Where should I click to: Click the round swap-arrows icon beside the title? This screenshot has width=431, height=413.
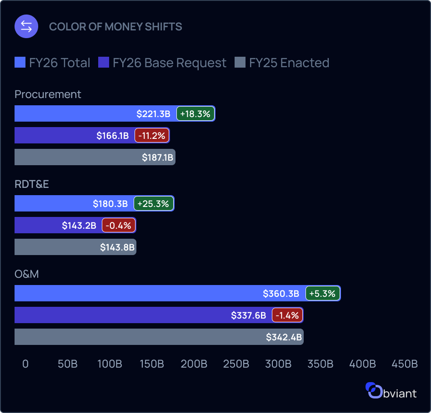tap(26, 26)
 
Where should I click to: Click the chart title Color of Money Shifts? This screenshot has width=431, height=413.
tap(115, 27)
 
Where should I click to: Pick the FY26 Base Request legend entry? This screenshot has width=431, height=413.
tap(162, 63)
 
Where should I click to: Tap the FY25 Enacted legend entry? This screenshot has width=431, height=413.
tap(282, 63)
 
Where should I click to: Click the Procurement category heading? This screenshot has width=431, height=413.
tap(48, 94)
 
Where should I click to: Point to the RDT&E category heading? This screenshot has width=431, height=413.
tap(32, 184)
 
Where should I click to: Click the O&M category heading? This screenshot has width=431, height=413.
tap(26, 274)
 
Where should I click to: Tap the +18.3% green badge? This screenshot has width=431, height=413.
tap(195, 114)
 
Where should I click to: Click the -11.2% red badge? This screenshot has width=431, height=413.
tap(152, 136)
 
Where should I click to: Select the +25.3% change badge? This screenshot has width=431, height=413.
tap(154, 204)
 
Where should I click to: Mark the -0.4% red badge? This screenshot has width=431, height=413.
tap(119, 226)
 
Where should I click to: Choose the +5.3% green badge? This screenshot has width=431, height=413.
tap(322, 294)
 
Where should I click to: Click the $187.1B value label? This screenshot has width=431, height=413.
tap(157, 157)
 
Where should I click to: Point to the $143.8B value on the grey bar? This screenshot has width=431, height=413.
tap(117, 247)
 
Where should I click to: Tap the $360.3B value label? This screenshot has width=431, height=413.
tap(281, 294)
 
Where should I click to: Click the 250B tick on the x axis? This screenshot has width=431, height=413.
tap(236, 364)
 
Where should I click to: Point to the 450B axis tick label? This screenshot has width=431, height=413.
tap(404, 364)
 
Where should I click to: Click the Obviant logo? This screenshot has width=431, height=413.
tap(391, 391)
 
